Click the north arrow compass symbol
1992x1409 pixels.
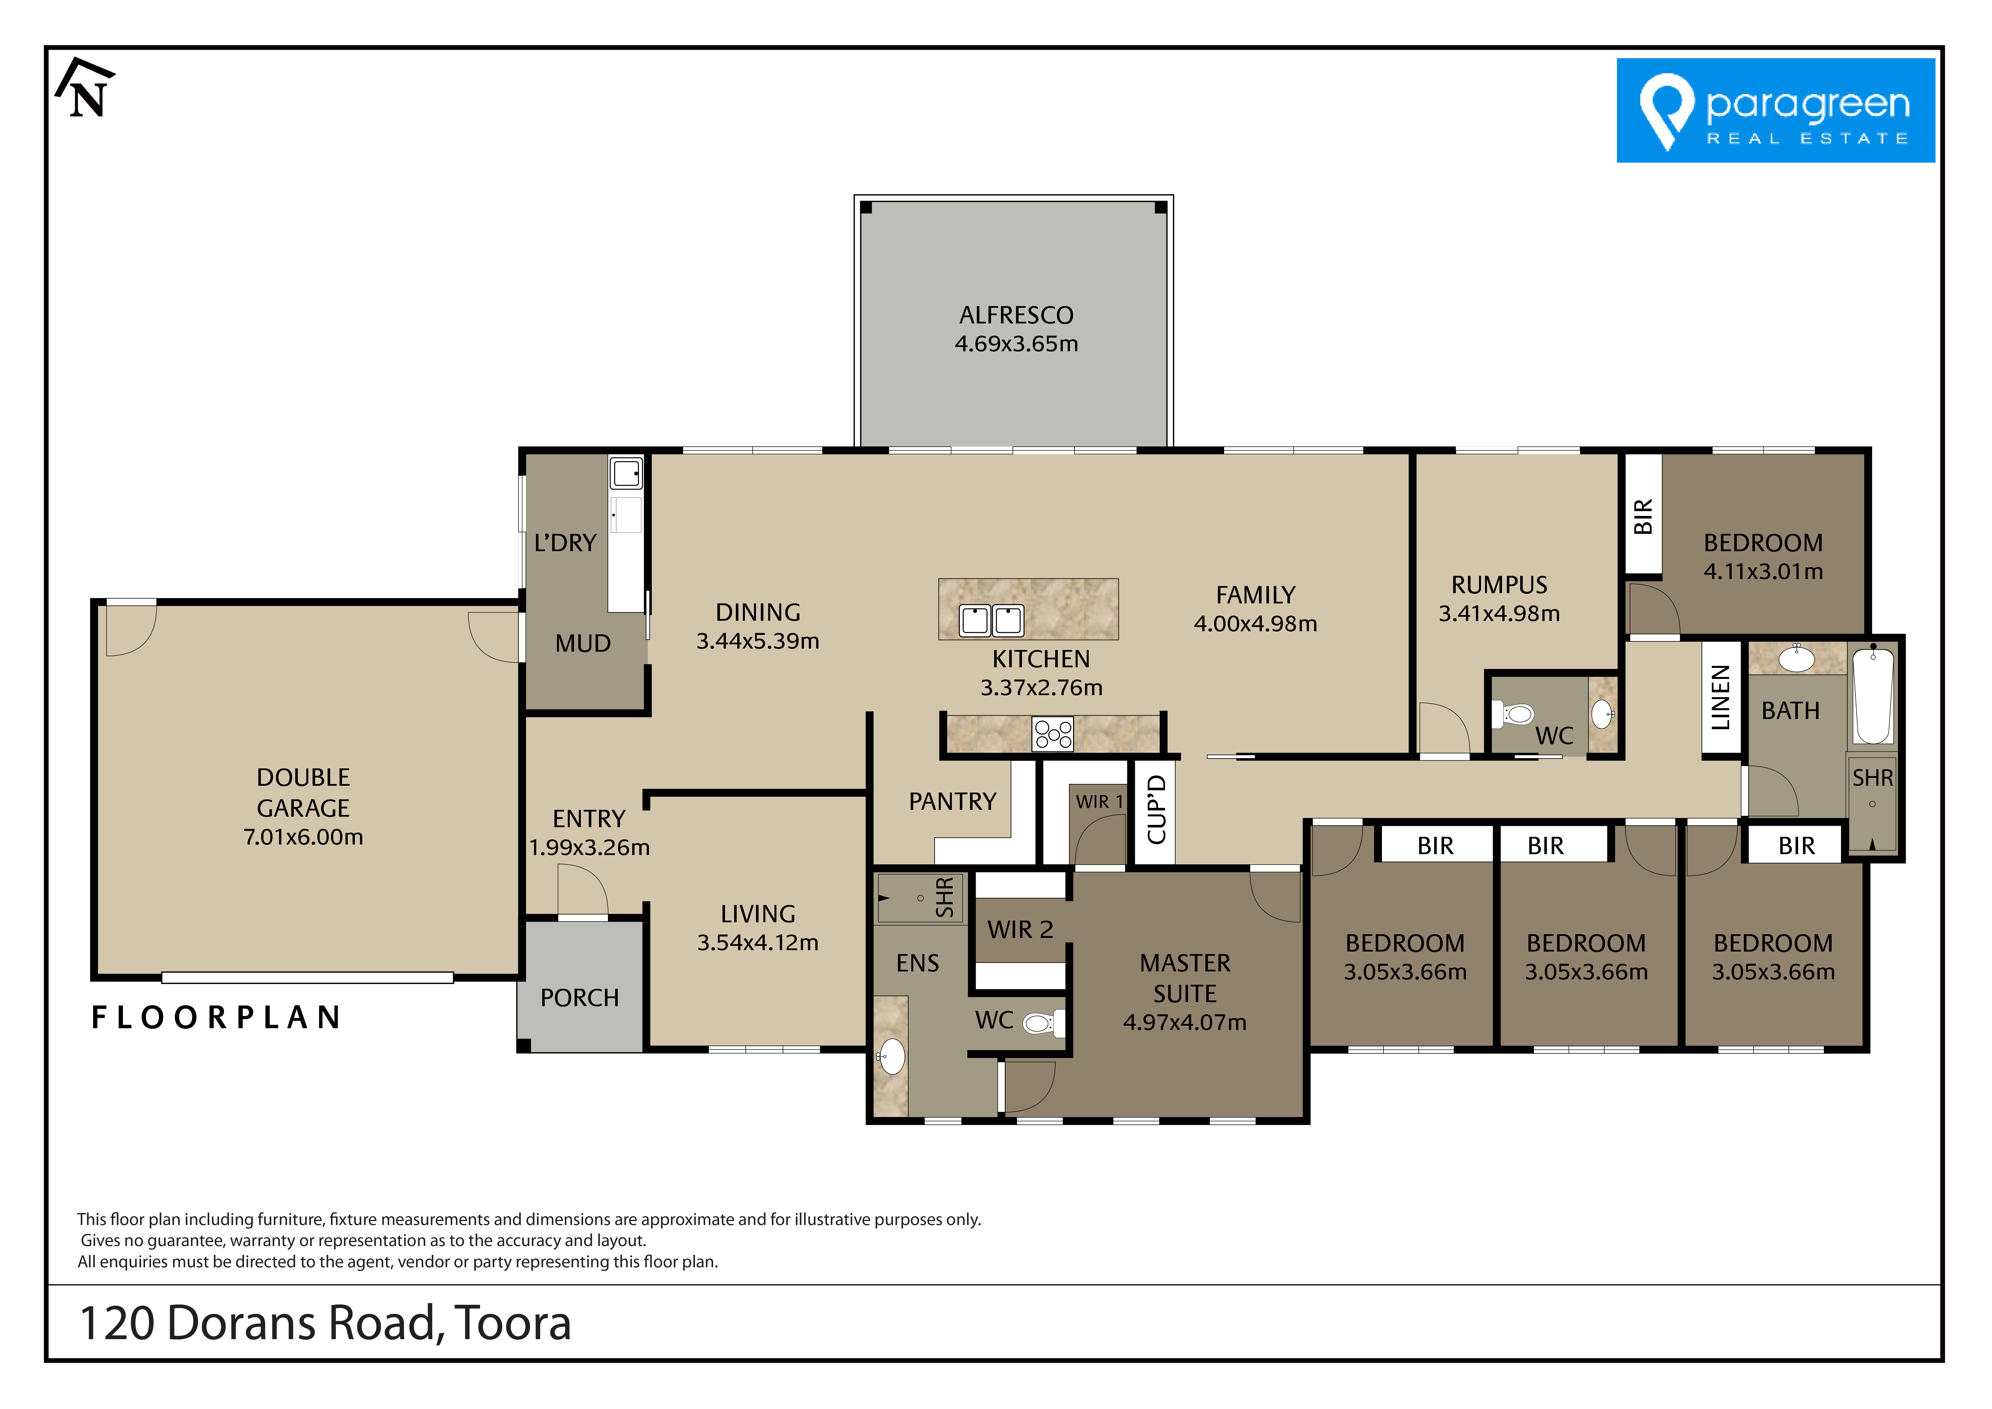pyautogui.click(x=85, y=89)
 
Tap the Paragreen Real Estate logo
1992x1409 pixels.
pyautogui.click(x=1775, y=110)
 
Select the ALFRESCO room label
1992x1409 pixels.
pyautogui.click(x=1016, y=315)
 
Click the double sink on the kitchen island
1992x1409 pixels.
pyautogui.click(x=991, y=620)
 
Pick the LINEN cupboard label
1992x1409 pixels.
pyautogui.click(x=1720, y=698)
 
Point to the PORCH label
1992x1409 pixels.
pyautogui.click(x=580, y=998)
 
